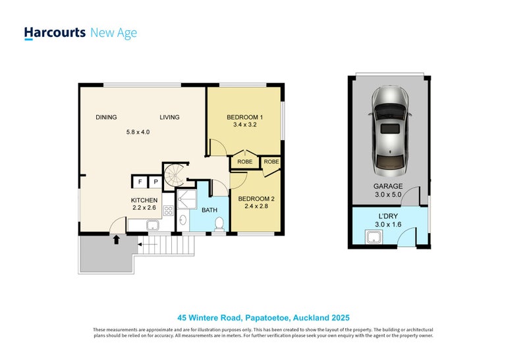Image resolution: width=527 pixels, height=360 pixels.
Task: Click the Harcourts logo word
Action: [x=54, y=32]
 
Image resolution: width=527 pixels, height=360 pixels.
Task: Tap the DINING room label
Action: [x=106, y=118]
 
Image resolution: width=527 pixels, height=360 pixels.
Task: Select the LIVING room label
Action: [x=169, y=118]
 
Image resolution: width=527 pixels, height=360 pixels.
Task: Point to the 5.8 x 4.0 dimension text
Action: [x=138, y=132]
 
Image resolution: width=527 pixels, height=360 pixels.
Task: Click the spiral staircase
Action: [x=176, y=175]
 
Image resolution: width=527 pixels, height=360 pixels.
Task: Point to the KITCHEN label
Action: [x=144, y=200]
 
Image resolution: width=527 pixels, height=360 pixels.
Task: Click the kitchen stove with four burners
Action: [x=168, y=211]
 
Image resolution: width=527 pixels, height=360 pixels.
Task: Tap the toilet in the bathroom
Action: [x=219, y=225]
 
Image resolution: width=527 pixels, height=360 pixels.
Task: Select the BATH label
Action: [x=209, y=211]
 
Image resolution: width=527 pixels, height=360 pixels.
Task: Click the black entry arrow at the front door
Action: [x=117, y=240]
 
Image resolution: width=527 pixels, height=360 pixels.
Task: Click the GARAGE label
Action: [x=389, y=186]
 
